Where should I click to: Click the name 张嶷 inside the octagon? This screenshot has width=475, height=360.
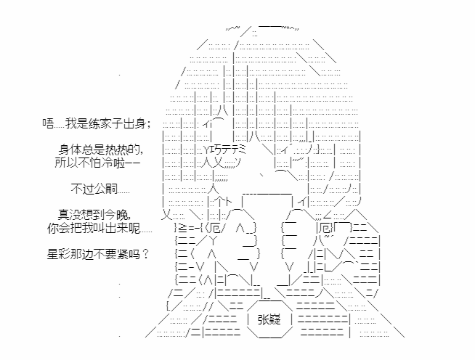click(x=269, y=319)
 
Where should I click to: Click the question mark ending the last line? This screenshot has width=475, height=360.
click(x=145, y=254)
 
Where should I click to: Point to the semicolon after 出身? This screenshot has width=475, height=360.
click(x=148, y=124)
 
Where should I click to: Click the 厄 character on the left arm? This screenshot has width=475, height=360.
click(x=215, y=227)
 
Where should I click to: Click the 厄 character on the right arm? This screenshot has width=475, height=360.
click(x=324, y=227)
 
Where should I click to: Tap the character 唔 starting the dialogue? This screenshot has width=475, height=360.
click(x=48, y=123)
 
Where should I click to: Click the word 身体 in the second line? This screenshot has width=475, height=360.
click(x=70, y=150)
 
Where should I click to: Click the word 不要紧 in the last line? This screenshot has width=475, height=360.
click(x=111, y=254)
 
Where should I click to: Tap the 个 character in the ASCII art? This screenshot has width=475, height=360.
click(x=219, y=202)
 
